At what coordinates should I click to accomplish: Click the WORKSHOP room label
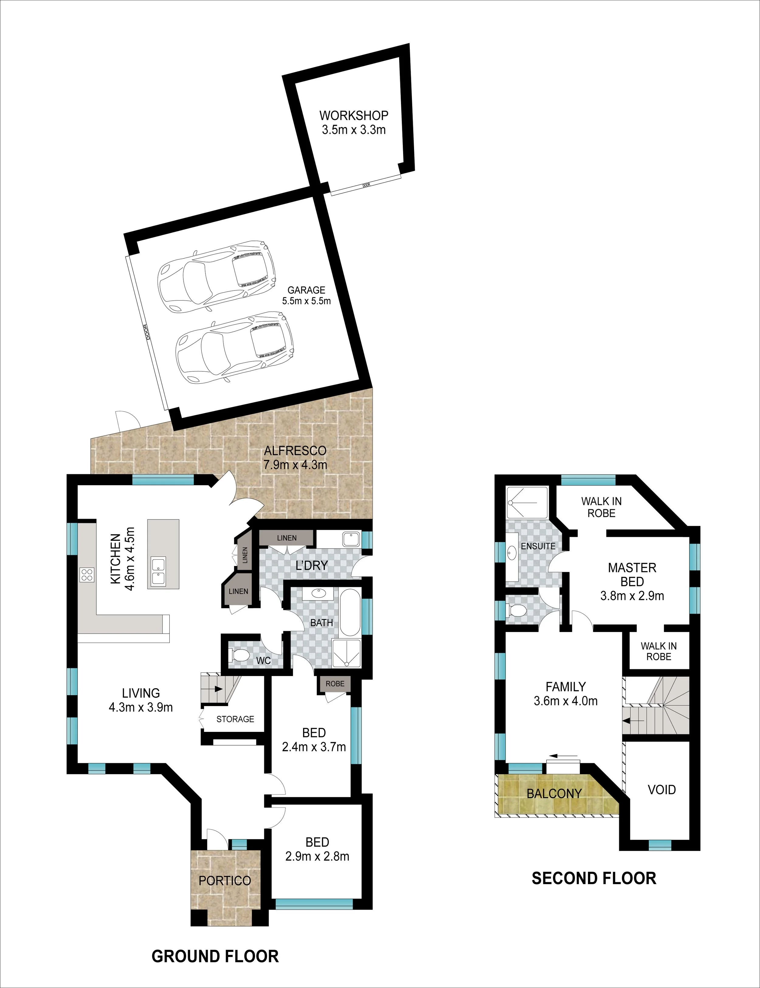tap(354, 115)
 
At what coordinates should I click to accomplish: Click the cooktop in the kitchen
tap(87, 574)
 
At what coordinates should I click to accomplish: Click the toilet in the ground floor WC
tap(239, 654)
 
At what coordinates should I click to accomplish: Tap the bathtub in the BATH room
tap(350, 612)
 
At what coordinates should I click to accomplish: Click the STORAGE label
tap(235, 719)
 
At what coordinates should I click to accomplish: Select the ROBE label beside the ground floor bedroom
tap(335, 684)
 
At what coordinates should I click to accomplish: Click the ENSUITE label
tap(538, 546)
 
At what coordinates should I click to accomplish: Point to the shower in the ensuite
tap(527, 502)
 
